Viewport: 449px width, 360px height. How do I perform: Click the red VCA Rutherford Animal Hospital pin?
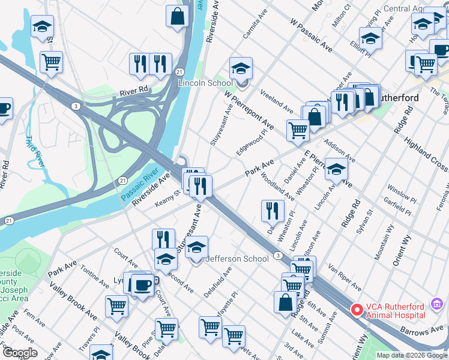(357, 310)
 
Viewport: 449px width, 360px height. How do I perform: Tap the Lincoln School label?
(205, 83)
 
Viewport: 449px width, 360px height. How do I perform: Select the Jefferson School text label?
(237, 259)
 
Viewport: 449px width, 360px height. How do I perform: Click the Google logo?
(20, 353)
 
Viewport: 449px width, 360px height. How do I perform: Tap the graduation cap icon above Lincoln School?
(241, 68)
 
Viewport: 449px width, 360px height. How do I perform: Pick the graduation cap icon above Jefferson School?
(196, 247)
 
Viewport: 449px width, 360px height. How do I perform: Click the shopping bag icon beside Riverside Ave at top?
(178, 17)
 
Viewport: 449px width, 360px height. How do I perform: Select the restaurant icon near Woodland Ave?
(273, 211)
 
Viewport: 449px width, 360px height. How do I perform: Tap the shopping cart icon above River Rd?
(52, 62)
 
